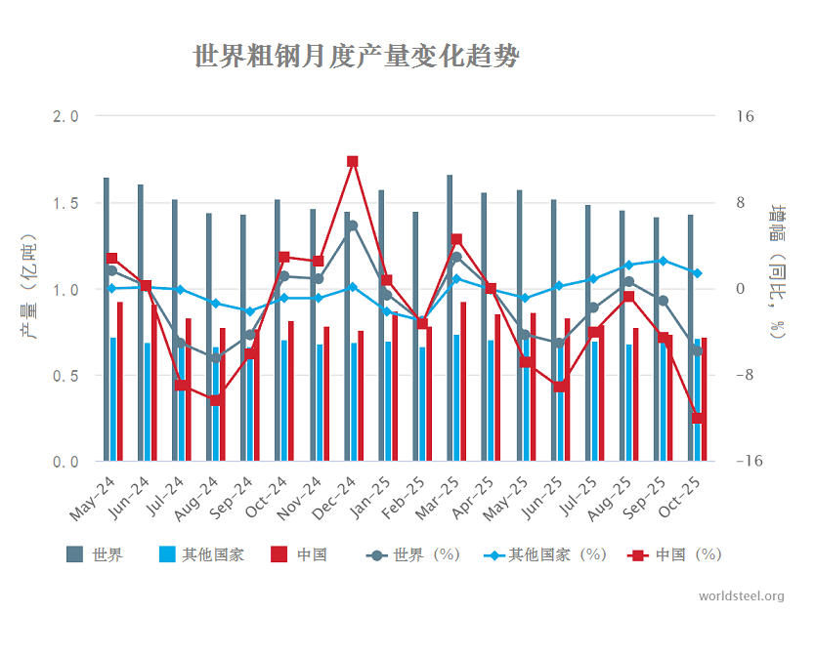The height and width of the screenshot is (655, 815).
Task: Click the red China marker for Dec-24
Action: tap(353, 161)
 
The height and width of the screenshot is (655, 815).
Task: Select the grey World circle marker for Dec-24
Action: tap(352, 226)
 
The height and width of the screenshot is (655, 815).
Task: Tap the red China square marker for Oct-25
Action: tap(698, 418)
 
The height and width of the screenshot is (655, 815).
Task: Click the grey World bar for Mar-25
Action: tap(450, 317)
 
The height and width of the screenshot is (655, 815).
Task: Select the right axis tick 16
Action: tap(745, 117)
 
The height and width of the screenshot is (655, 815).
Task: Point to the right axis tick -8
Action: tap(745, 376)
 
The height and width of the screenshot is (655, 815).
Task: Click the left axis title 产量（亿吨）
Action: tap(30, 288)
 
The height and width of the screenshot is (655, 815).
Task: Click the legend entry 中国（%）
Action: tap(676, 554)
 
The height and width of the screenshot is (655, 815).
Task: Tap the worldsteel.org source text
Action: tap(742, 596)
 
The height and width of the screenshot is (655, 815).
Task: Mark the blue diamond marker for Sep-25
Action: tap(664, 261)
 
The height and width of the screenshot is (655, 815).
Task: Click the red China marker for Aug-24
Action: tap(216, 399)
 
